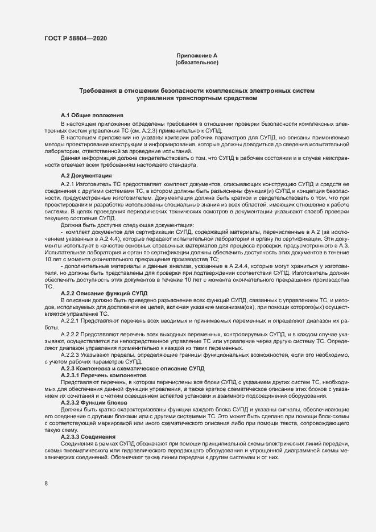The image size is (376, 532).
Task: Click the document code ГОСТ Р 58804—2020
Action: coord(76,39)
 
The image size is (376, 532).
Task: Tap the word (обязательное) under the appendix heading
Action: coord(196,63)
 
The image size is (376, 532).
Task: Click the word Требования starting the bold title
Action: coord(98,90)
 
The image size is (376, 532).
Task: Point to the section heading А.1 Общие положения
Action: coord(92,116)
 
